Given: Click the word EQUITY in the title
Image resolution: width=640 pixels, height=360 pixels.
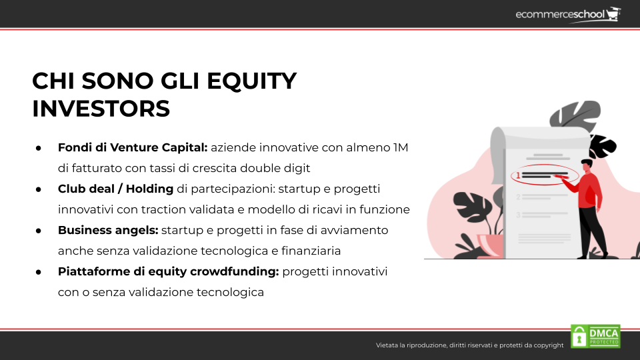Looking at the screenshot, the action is tap(251, 81).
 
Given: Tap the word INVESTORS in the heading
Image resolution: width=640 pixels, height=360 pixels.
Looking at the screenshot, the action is tap(101, 109).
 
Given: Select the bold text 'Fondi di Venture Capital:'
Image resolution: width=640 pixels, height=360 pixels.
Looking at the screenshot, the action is tap(133, 147).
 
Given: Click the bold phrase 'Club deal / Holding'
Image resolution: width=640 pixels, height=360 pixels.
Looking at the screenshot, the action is tap(115, 189).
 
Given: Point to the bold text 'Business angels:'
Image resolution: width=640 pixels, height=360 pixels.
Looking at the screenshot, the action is tap(108, 230).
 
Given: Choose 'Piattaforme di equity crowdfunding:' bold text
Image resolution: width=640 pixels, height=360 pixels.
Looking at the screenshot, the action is tap(168, 271).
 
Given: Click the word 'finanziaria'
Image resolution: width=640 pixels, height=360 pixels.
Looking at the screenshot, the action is tap(311, 251).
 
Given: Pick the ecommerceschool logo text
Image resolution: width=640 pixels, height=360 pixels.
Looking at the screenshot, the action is tap(560, 15).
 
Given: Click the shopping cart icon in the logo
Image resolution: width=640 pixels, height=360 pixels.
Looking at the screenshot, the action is tap(613, 14).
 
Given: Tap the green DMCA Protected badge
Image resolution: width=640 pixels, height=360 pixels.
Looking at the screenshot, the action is tap(595, 336).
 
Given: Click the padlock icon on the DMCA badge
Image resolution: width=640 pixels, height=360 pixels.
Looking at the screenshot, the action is tap(579, 337).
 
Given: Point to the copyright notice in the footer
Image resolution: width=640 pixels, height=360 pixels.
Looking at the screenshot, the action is tap(469, 345).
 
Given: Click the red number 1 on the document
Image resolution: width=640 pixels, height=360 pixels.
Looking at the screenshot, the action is tap(519, 175).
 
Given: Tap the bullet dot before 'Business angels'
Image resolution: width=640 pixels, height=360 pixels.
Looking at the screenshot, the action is tap(39, 231).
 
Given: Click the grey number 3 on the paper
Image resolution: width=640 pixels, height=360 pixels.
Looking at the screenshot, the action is tap(519, 215).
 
